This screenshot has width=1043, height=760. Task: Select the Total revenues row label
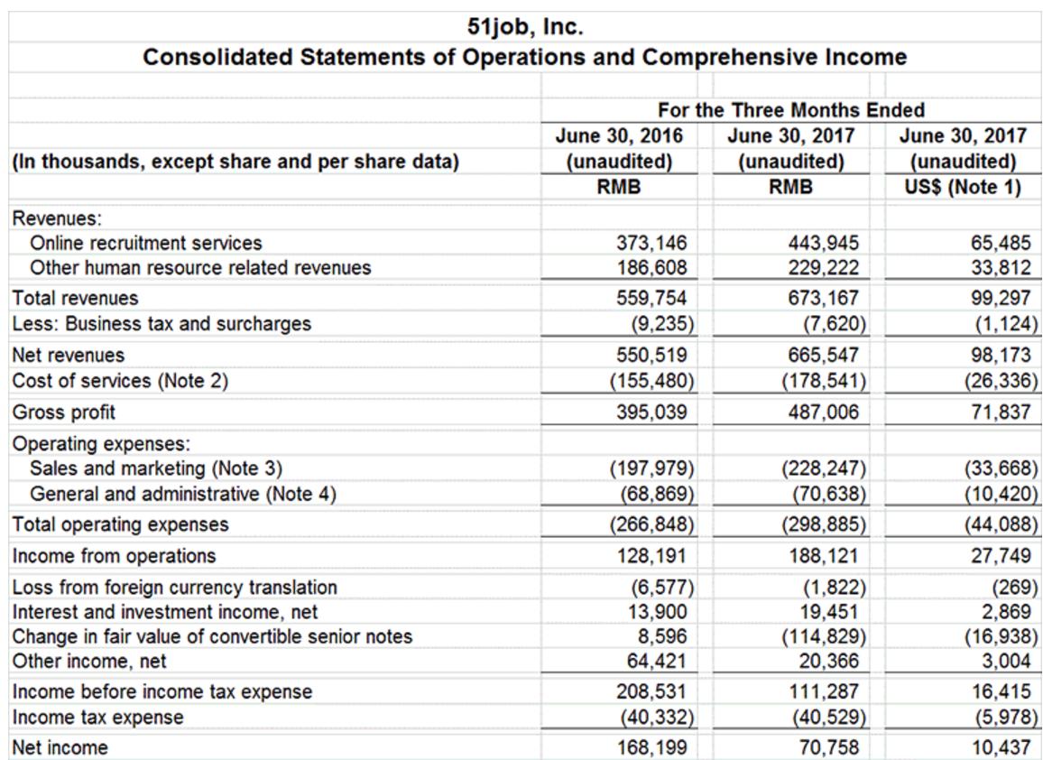coord(75,298)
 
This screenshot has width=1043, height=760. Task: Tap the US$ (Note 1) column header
coord(963,188)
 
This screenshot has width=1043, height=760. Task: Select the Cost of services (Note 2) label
coord(119,381)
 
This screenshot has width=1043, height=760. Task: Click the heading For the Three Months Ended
coord(791,110)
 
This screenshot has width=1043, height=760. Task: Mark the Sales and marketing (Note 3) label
coord(156,468)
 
